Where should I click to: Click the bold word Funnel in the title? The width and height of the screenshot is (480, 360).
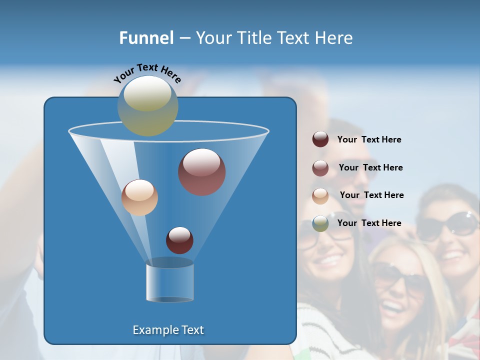click(x=146, y=37)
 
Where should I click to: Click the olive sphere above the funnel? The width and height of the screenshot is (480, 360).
click(x=148, y=105)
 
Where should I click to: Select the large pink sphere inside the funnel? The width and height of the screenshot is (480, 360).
click(x=201, y=171)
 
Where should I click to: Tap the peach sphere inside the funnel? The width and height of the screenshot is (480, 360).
click(x=139, y=197)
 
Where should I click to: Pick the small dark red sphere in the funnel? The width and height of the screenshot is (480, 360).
click(x=179, y=240)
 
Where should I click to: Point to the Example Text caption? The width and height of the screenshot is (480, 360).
click(x=168, y=330)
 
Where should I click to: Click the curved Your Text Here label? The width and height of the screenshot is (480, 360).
click(x=147, y=72)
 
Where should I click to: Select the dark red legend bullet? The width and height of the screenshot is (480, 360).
click(x=320, y=139)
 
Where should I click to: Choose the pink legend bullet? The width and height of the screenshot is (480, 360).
click(x=320, y=167)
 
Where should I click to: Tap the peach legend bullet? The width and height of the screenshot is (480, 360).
click(x=320, y=195)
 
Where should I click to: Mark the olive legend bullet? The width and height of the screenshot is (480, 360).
click(x=320, y=223)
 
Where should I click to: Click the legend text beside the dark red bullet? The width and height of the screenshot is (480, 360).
click(x=369, y=139)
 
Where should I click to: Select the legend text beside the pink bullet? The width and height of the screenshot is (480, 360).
click(x=370, y=167)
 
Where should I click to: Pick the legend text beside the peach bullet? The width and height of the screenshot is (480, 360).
click(x=371, y=195)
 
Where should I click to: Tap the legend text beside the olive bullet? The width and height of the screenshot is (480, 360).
click(x=369, y=223)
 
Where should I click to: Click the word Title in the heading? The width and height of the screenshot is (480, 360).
click(x=250, y=37)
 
